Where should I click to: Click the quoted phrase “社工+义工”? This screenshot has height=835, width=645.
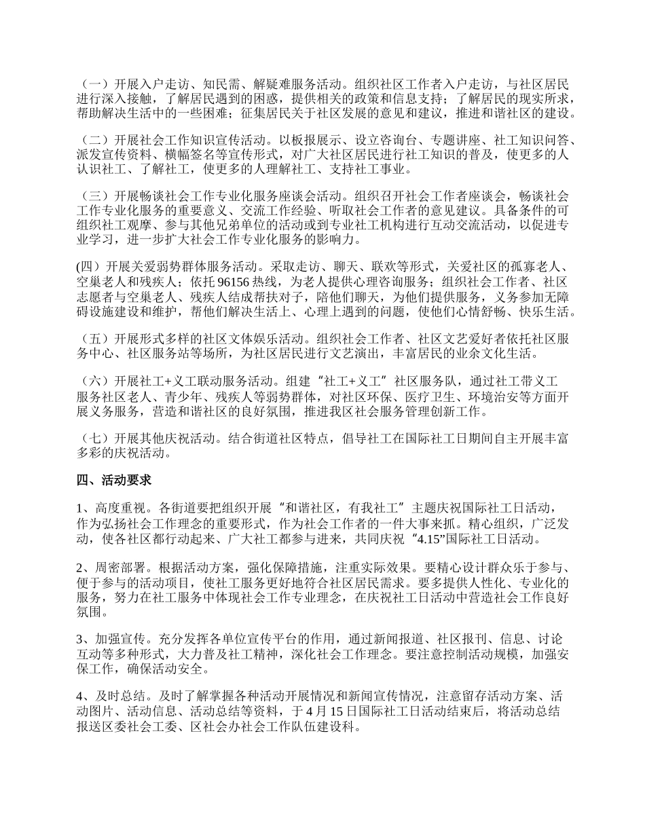click(x=358, y=382)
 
